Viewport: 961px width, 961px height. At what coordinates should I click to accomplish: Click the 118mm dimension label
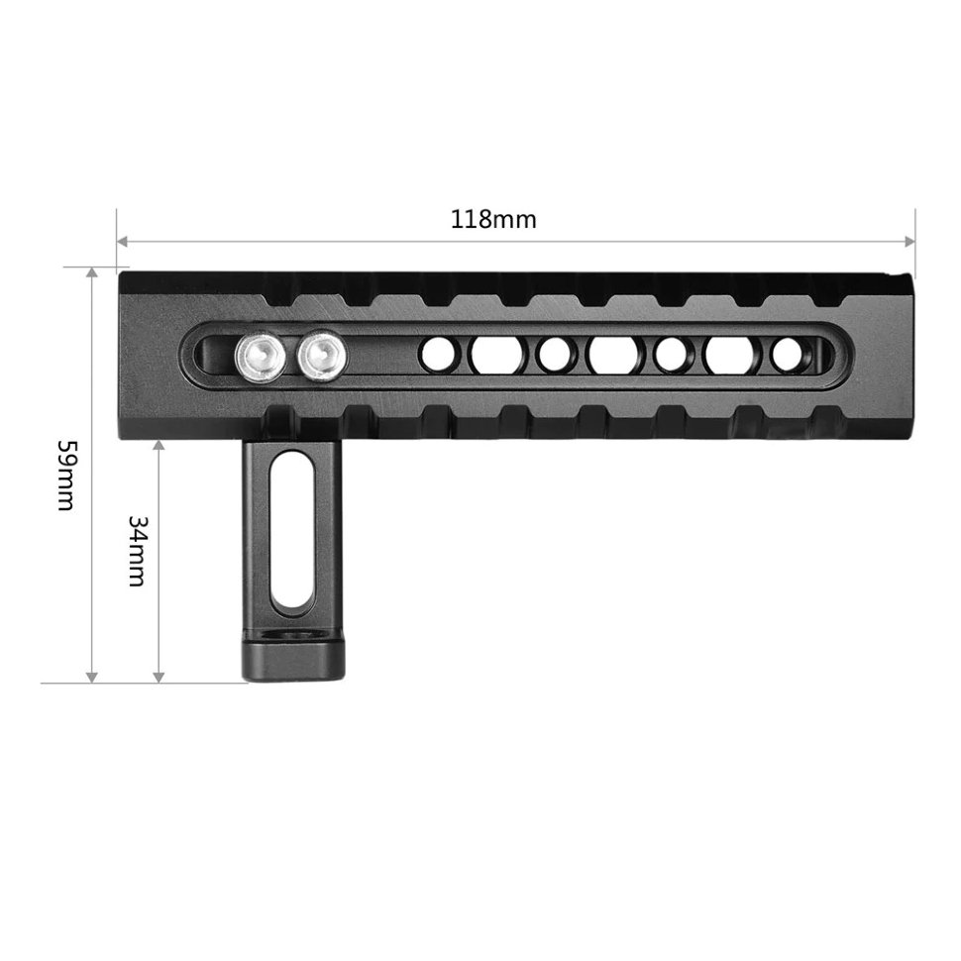click(x=493, y=219)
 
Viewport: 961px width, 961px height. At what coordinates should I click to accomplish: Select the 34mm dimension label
click(x=137, y=550)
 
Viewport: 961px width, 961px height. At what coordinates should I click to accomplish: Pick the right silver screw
click(x=320, y=353)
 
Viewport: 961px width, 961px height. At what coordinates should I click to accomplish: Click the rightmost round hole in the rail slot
click(x=788, y=354)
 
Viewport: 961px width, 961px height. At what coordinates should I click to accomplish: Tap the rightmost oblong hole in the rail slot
click(x=728, y=354)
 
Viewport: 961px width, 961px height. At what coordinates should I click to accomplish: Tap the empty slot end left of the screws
click(x=208, y=353)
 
